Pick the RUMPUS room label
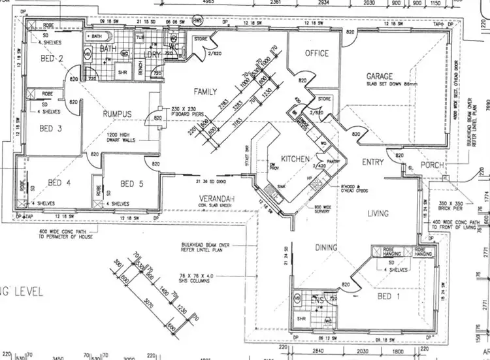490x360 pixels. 117,114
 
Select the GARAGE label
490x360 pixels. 380,76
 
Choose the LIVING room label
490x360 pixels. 378,214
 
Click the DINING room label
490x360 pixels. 325,248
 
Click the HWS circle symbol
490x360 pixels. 197,20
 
